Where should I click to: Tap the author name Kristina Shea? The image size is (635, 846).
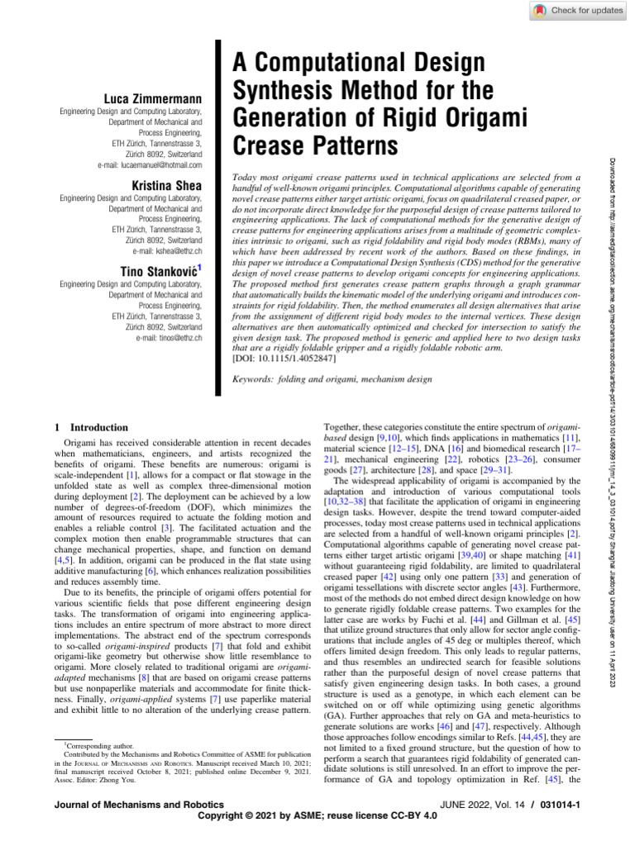pos(166,187)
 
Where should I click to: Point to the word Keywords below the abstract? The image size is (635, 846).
pos(261,379)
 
